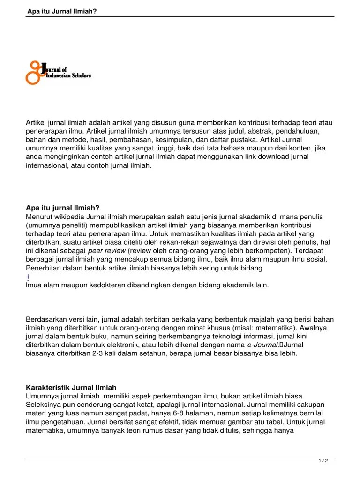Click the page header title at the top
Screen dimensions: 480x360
(62, 11)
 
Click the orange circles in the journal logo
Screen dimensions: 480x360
(34, 72)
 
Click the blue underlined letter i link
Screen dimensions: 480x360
(29, 277)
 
